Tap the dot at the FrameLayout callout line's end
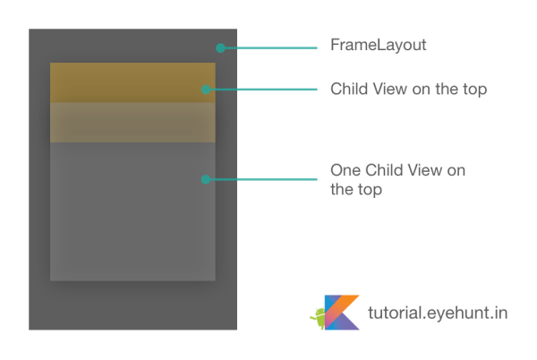click(220, 47)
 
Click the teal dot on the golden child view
click(205, 89)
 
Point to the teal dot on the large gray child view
click(205, 179)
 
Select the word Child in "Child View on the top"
click(348, 90)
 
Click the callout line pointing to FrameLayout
click(268, 47)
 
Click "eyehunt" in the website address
click(449, 313)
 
